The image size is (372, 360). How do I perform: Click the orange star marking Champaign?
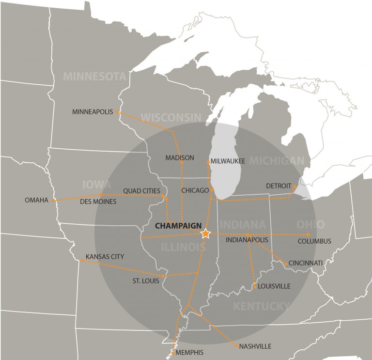tap(205, 234)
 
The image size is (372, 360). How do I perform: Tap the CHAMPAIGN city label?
tap(177, 226)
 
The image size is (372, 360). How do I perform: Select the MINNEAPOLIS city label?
tap(92, 112)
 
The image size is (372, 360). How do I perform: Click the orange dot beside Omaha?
tap(53, 200)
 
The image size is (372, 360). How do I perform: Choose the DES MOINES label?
tap(98, 202)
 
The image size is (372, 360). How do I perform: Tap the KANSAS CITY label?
tap(105, 256)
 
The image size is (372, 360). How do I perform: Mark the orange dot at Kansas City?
tap(82, 260)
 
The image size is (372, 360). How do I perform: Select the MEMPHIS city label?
tap(189, 352)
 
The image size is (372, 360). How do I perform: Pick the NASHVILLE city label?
tap(255, 346)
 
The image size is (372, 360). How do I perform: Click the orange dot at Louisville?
tap(255, 287)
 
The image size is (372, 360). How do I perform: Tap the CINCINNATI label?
tap(306, 263)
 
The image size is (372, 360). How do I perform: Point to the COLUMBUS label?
tap(314, 241)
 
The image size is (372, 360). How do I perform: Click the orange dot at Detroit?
tap(294, 186)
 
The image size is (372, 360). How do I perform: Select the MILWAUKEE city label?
tap(228, 161)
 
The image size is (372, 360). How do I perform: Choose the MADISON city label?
tap(179, 158)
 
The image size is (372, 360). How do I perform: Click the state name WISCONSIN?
tap(170, 117)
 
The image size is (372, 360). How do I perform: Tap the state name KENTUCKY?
tap(261, 306)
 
